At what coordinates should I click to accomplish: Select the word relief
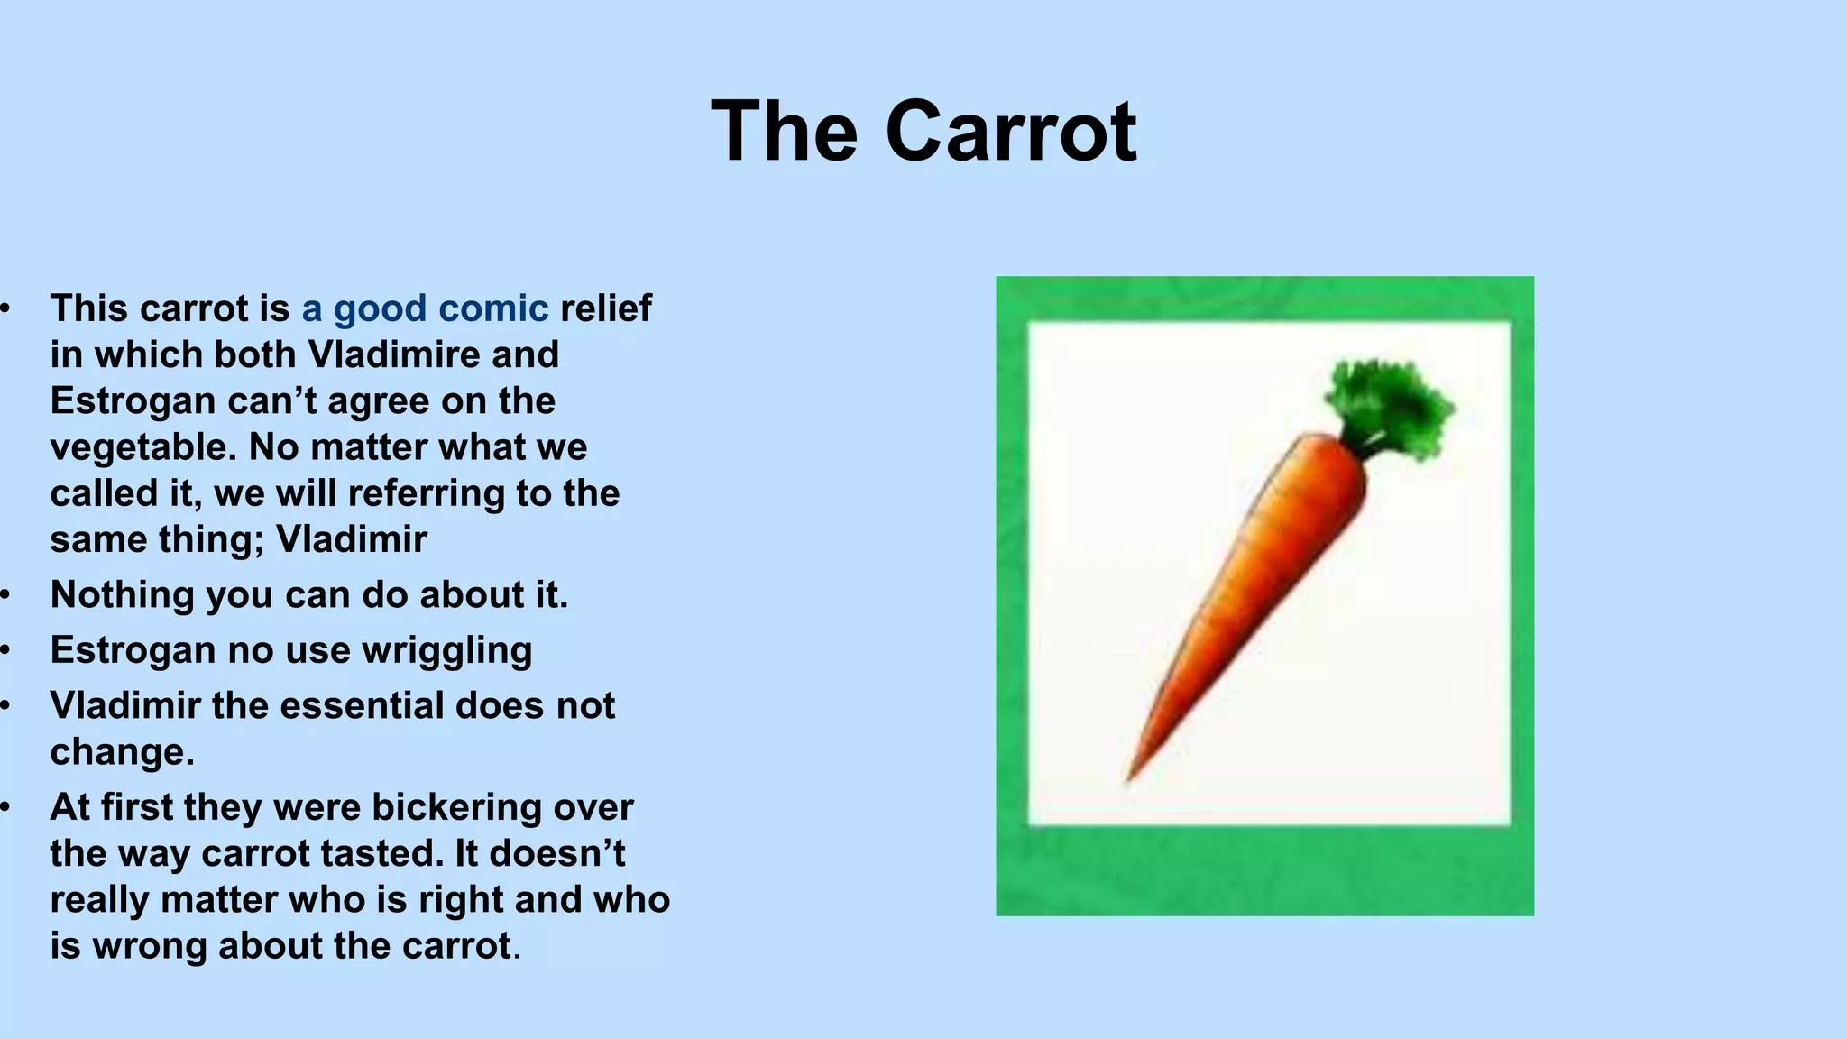(x=605, y=308)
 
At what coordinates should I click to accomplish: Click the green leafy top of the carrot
(x=1390, y=405)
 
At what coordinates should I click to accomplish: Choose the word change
(x=122, y=752)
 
